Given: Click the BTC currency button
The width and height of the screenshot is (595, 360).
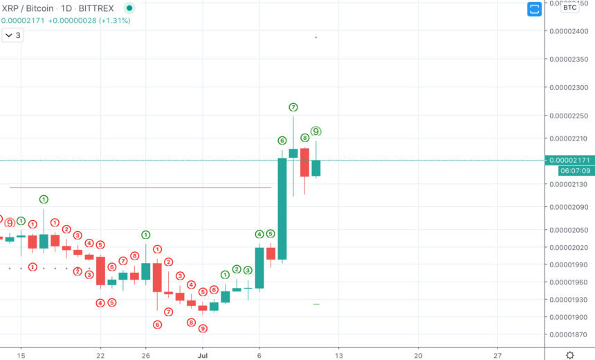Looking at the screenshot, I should click(569, 8).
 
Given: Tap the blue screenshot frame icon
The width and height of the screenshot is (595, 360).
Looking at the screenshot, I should click(534, 9).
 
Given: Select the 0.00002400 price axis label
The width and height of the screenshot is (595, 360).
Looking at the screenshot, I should click(568, 31).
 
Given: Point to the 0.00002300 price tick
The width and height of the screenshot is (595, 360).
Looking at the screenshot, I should click(568, 88).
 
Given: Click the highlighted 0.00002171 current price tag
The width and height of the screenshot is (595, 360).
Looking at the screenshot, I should click(568, 160).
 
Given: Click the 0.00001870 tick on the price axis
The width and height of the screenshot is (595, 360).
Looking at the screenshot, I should click(568, 335).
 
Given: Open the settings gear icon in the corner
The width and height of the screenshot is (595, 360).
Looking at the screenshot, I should click(569, 354).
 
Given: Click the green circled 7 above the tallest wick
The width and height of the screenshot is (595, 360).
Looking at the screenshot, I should click(293, 107).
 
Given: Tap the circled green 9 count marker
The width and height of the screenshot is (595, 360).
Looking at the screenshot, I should click(316, 131).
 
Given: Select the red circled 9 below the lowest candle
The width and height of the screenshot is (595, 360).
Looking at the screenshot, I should click(203, 328).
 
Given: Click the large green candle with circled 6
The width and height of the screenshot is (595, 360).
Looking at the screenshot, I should click(282, 208).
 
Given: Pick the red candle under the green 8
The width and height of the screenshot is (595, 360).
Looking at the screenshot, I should click(304, 162).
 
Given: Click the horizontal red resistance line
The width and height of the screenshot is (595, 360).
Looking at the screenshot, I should click(138, 187).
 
